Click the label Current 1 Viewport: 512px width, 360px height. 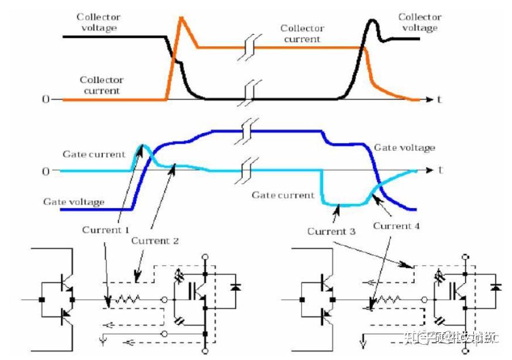click(x=106, y=229)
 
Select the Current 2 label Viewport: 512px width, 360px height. click(x=154, y=240)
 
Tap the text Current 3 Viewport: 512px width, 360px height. click(x=331, y=231)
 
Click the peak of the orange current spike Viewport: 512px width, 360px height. click(x=181, y=18)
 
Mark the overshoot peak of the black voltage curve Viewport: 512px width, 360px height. click(x=372, y=22)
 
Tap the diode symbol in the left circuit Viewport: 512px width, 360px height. click(x=236, y=288)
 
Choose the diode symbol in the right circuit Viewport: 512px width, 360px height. click(x=496, y=288)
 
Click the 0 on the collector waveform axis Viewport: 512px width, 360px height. click(x=45, y=99)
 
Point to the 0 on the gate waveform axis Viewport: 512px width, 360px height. click(x=45, y=171)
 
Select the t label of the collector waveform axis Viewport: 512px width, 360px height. click(x=439, y=99)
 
